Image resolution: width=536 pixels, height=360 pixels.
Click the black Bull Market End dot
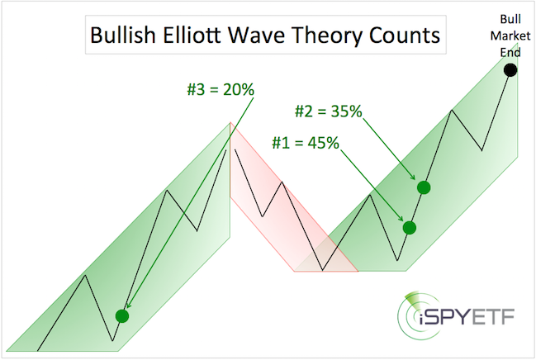point(510,70)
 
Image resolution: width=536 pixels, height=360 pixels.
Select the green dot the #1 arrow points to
point(410,228)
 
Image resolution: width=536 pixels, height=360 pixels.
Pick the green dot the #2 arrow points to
point(424,187)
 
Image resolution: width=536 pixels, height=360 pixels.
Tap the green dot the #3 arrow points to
point(122,316)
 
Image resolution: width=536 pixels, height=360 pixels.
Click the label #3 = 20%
point(221,89)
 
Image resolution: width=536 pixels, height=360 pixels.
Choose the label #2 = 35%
point(329,111)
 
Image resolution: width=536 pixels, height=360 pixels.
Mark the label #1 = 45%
point(306,143)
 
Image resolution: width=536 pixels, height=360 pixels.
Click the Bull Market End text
point(510,36)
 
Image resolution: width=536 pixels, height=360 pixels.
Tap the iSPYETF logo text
point(467,317)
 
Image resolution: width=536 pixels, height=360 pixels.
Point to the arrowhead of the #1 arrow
point(401,219)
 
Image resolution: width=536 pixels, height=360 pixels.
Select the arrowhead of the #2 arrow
point(413,178)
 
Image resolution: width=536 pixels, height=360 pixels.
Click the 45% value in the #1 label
point(324,143)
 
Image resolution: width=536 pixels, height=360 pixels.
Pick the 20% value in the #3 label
point(239,89)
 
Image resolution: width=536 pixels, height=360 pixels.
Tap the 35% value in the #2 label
point(346,111)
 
